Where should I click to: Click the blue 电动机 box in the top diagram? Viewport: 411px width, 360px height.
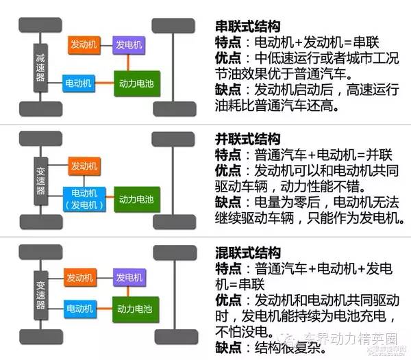[x=78, y=83]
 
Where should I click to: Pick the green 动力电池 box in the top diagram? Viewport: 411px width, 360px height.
[x=136, y=83]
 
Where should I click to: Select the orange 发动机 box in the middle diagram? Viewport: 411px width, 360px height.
[x=84, y=166]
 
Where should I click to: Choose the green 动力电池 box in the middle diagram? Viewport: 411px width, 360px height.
[x=136, y=199]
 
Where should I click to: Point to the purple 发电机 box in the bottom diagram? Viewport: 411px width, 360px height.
[x=129, y=278]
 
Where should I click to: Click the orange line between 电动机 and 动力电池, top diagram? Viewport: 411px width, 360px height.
[x=103, y=83]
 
